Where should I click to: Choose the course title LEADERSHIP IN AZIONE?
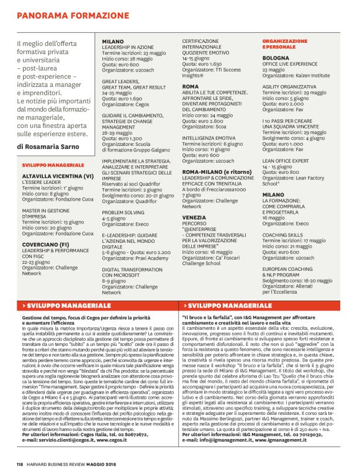pos(127,47)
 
